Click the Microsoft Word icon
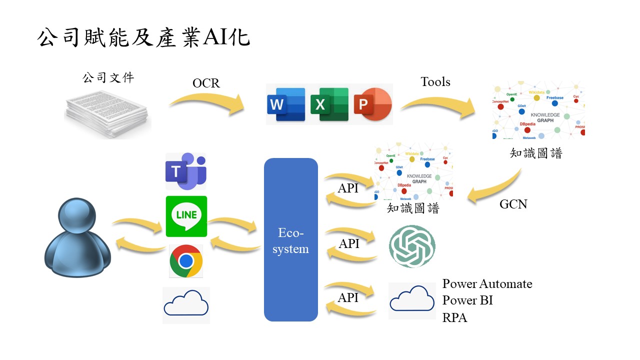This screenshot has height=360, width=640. [x=286, y=104]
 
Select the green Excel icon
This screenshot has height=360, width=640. [x=329, y=104]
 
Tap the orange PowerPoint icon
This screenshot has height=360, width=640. [x=372, y=104]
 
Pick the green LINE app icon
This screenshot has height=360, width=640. [x=186, y=216]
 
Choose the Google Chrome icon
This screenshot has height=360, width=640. [x=186, y=261]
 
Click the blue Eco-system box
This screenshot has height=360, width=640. [x=291, y=239]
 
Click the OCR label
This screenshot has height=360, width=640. [x=206, y=83]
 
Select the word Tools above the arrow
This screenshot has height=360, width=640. [x=435, y=82]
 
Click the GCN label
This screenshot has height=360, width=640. [x=513, y=204]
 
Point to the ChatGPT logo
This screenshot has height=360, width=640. [x=412, y=246]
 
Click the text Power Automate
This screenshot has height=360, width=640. [x=487, y=284]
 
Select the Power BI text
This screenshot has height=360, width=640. [x=467, y=300]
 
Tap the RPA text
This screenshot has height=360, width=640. [x=455, y=317]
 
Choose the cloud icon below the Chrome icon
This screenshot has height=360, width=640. [x=186, y=304]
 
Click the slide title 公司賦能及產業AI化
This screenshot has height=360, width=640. [x=143, y=38]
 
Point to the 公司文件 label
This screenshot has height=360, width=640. [x=108, y=78]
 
